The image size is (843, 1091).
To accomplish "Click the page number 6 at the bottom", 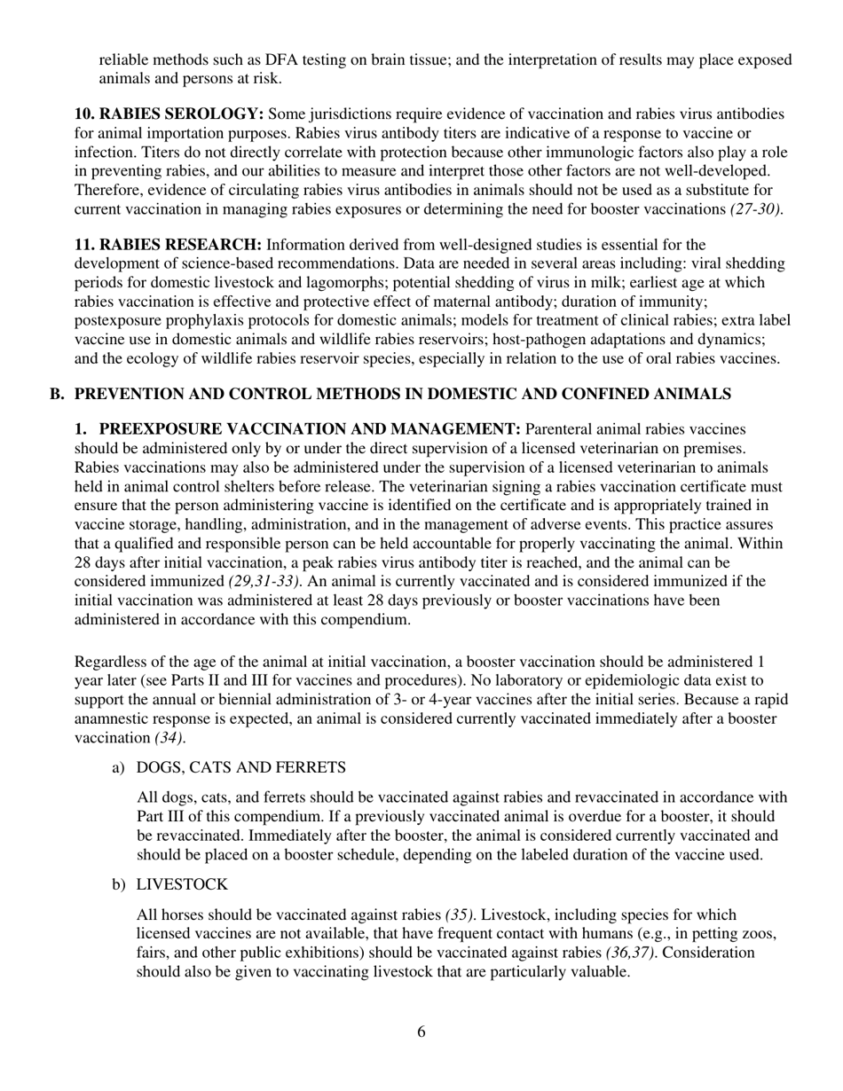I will (x=421, y=1032).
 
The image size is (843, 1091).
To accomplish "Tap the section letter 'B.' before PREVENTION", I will (x=58, y=394).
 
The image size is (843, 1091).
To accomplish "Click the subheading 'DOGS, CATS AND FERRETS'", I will (x=240, y=767).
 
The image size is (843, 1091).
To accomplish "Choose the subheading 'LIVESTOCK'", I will (x=182, y=885).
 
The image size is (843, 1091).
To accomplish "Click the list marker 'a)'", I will (x=118, y=767).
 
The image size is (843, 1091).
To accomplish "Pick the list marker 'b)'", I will (x=118, y=885).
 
